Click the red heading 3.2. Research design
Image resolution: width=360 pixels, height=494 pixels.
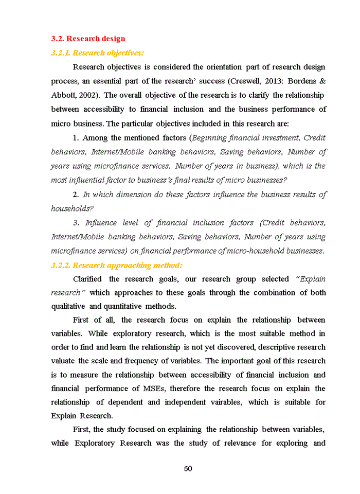[88, 39]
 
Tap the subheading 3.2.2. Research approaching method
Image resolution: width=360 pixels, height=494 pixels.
[117, 266]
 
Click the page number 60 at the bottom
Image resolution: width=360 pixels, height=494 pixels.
[188, 468]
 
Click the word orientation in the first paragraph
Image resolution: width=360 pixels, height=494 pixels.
[224, 67]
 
